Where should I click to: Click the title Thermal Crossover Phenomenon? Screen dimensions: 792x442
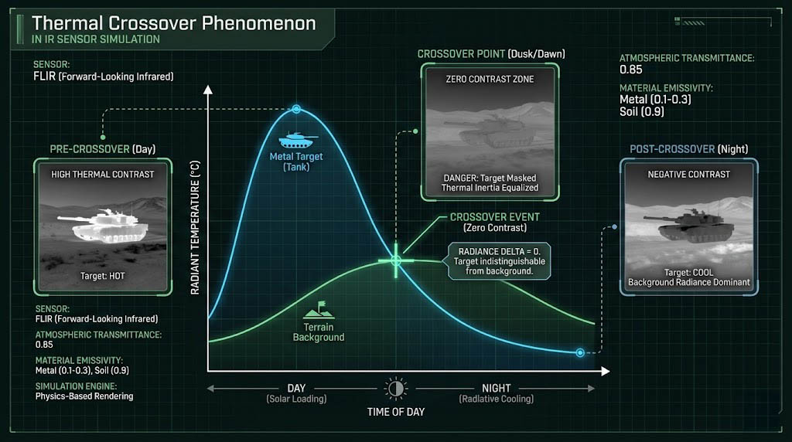click(x=174, y=23)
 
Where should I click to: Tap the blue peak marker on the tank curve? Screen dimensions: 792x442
click(x=296, y=109)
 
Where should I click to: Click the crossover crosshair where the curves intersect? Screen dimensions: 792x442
click(x=396, y=260)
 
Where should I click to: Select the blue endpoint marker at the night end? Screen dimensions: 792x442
click(x=580, y=352)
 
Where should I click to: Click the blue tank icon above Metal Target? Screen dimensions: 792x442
click(x=298, y=140)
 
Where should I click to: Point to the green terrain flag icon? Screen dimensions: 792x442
click(x=319, y=311)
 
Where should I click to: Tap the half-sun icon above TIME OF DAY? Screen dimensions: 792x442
click(x=395, y=389)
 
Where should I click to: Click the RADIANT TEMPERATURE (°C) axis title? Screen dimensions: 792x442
click(x=195, y=227)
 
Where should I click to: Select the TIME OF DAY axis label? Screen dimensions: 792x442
click(x=396, y=412)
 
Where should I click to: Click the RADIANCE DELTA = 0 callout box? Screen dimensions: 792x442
click(x=499, y=261)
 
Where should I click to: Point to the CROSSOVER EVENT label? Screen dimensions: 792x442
click(x=495, y=217)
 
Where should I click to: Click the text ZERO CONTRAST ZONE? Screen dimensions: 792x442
click(x=490, y=80)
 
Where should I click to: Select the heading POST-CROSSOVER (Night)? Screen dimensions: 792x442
click(x=688, y=149)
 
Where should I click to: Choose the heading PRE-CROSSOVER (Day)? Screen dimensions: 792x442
click(x=103, y=149)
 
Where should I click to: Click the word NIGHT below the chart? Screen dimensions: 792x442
click(x=496, y=388)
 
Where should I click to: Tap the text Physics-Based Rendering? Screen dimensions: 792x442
click(x=84, y=396)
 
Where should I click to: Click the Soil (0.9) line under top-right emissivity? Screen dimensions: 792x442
click(x=641, y=111)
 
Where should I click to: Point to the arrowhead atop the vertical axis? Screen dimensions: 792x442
click(x=207, y=90)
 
